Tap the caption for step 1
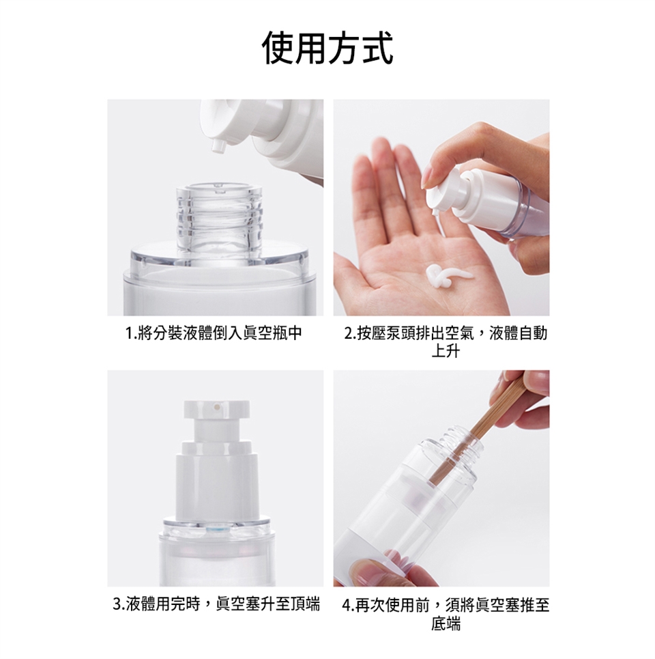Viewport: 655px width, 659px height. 214,333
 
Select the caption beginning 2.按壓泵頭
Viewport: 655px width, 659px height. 446,341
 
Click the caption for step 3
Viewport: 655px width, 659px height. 217,604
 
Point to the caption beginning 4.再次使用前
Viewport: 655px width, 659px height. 446,614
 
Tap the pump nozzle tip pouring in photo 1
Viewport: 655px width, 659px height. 218,147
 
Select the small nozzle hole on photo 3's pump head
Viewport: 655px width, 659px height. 217,407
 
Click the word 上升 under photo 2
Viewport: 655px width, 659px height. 446,351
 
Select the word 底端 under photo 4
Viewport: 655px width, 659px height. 446,623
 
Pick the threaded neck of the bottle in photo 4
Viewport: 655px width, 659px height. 462,445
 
